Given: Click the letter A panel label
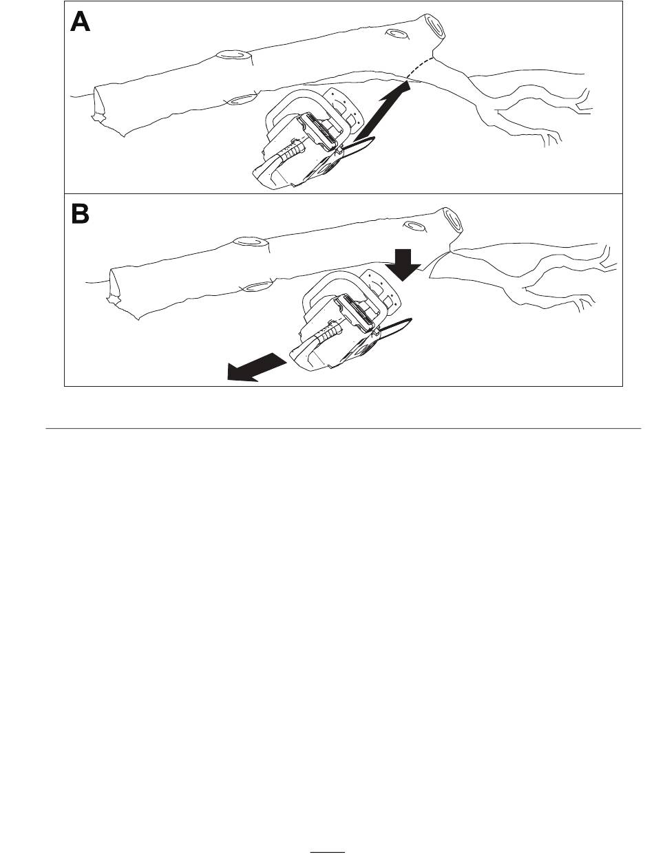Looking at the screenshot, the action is coord(81,21).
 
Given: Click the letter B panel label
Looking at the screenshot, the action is coord(81,214).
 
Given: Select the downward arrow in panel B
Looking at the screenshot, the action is coord(403,265).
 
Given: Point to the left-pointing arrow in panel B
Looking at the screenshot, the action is coord(256,367).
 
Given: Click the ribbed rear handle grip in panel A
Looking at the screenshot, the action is coord(292,151).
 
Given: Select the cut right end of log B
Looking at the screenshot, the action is coord(453,220).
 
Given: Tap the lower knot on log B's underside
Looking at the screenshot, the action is coord(257,286).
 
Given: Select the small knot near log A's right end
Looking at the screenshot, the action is coord(397,34).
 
